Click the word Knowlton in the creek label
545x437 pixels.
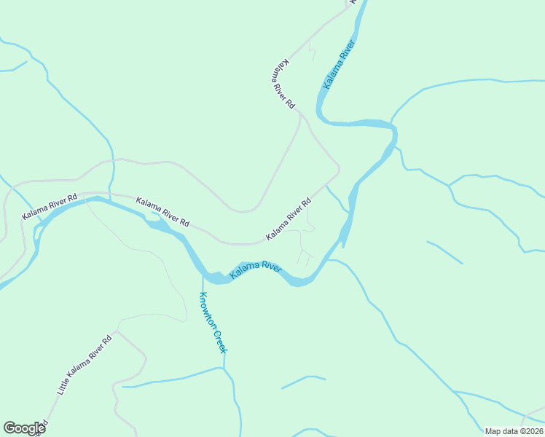pyautogui.click(x=207, y=309)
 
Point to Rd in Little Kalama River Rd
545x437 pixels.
pyautogui.click(x=108, y=339)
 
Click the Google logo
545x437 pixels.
pyautogui.click(x=24, y=428)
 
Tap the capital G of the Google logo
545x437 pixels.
pyautogui.click(x=9, y=428)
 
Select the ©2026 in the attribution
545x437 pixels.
pyautogui.click(x=532, y=431)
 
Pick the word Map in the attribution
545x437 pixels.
pyautogui.click(x=493, y=431)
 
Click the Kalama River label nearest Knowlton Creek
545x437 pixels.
pyautogui.click(x=256, y=271)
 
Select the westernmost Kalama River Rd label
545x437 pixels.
pyautogui.click(x=49, y=207)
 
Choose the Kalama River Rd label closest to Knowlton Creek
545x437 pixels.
pyautogui.click(x=163, y=212)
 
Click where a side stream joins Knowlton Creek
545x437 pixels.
pyautogui.click(x=223, y=369)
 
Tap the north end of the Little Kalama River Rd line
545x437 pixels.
pyautogui.click(x=116, y=331)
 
